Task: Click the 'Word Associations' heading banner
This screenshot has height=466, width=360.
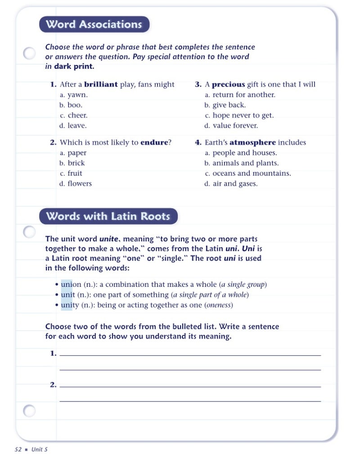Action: [x=94, y=24]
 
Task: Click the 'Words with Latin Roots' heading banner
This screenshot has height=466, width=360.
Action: [x=108, y=216]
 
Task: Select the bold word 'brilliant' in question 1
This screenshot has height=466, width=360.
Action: [x=101, y=84]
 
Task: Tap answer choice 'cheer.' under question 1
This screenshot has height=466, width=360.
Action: [x=77, y=115]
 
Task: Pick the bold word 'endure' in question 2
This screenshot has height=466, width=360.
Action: [x=154, y=142]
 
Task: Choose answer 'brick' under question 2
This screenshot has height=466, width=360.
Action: [x=76, y=163]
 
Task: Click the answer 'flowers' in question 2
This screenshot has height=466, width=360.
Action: [x=80, y=184]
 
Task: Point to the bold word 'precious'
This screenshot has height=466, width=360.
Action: [x=228, y=84]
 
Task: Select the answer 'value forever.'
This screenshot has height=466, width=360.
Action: [x=235, y=126]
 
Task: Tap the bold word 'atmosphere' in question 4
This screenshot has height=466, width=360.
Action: [x=252, y=142]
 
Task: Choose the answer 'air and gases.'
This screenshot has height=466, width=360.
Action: [x=235, y=184]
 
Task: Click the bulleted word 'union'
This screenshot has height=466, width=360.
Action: [x=71, y=285]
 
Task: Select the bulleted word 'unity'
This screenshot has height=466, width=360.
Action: [x=70, y=305]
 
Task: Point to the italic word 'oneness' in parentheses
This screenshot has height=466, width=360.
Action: [x=219, y=305]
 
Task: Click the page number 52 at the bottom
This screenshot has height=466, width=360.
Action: [x=18, y=449]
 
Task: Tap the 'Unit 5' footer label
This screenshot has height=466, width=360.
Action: [x=39, y=449]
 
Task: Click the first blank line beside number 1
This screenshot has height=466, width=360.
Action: [x=190, y=355]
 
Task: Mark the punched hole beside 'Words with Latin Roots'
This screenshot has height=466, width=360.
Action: [x=29, y=232]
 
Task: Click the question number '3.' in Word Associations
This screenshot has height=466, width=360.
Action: [x=198, y=84]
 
